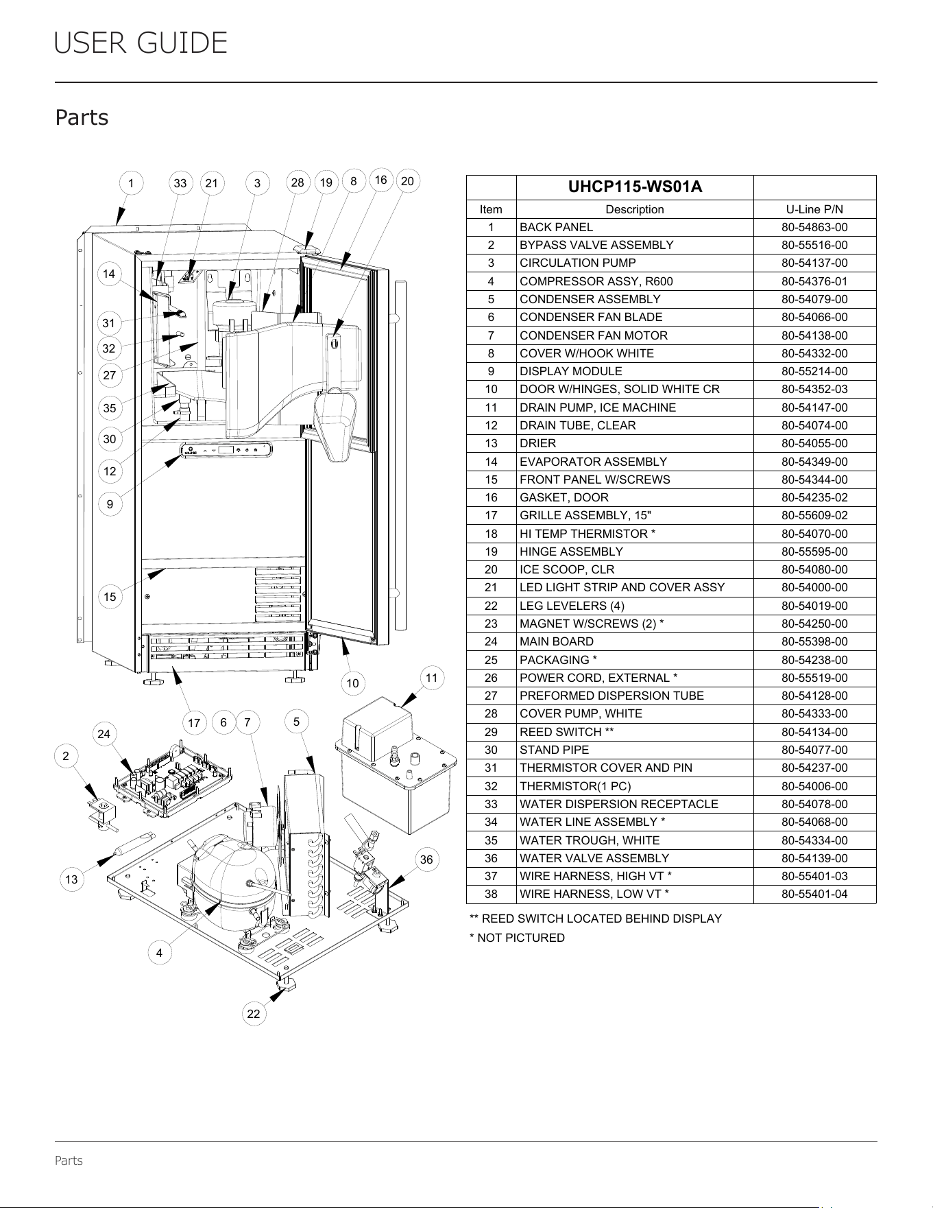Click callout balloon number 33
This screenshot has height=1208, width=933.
pos(180,183)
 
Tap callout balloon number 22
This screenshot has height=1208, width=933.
pos(254,1014)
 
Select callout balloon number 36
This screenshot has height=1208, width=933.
pos(426,860)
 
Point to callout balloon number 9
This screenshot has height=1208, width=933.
pos(110,504)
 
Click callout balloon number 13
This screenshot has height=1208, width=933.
pos(71,879)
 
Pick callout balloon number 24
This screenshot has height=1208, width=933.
pos(104,734)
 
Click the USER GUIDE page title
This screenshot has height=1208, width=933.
pos(141,43)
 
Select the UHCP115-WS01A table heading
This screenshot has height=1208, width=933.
pos(635,187)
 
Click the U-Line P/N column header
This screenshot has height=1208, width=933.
pos(814,209)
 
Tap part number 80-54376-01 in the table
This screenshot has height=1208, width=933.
pos(814,281)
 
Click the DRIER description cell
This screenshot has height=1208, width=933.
pos(538,443)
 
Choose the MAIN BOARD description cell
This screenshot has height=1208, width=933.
pos(557,641)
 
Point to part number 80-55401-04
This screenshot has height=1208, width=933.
pos(814,894)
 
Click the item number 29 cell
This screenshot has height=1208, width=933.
pos(491,732)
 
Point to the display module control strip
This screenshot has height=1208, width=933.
pos(226,451)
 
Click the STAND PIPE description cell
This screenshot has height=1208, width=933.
pos(555,750)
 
